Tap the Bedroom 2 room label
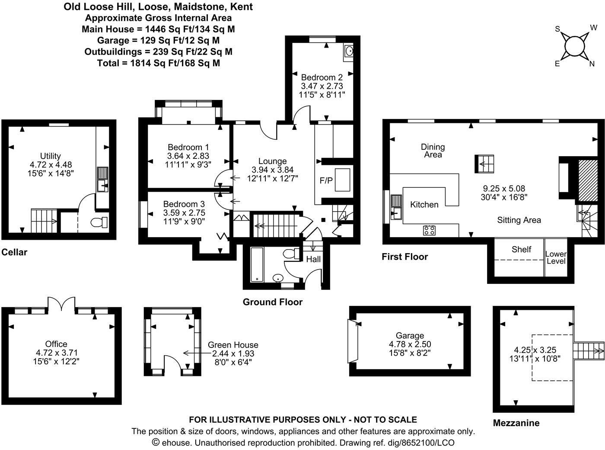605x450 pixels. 322,77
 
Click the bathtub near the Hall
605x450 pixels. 257,264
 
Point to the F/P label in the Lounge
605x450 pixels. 326,180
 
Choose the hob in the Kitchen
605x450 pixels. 429,230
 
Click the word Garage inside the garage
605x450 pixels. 410,335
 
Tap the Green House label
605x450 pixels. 233,345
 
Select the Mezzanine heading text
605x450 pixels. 516,423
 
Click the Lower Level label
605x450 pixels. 556,257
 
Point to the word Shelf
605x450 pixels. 521,249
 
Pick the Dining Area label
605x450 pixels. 433,151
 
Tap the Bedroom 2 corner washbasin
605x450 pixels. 349,51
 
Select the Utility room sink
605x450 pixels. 102,185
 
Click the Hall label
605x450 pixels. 313,259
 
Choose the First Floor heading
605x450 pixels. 404,257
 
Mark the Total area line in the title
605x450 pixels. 158,63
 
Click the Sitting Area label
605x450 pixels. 519,220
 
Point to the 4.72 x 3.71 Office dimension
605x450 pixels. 56,353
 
